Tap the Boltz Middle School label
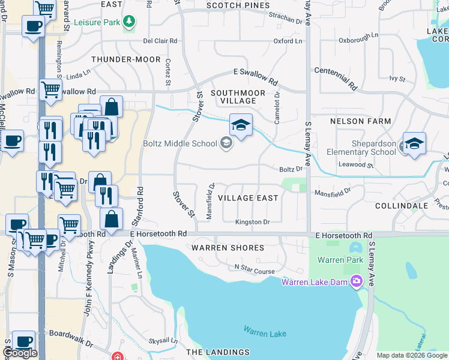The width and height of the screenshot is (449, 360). click(x=179, y=143)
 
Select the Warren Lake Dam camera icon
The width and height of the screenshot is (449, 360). click(x=357, y=281)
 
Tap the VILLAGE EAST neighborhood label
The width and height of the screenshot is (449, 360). click(x=248, y=198)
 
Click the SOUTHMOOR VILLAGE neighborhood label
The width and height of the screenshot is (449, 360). click(x=234, y=96)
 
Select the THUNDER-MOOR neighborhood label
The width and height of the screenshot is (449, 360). click(x=126, y=60)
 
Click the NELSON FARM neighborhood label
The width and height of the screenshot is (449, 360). click(x=360, y=121)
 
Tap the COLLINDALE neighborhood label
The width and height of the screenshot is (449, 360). click(x=401, y=205)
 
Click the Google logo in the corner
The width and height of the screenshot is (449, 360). click(x=20, y=353)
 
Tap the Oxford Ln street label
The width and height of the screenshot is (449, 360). click(x=288, y=41)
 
